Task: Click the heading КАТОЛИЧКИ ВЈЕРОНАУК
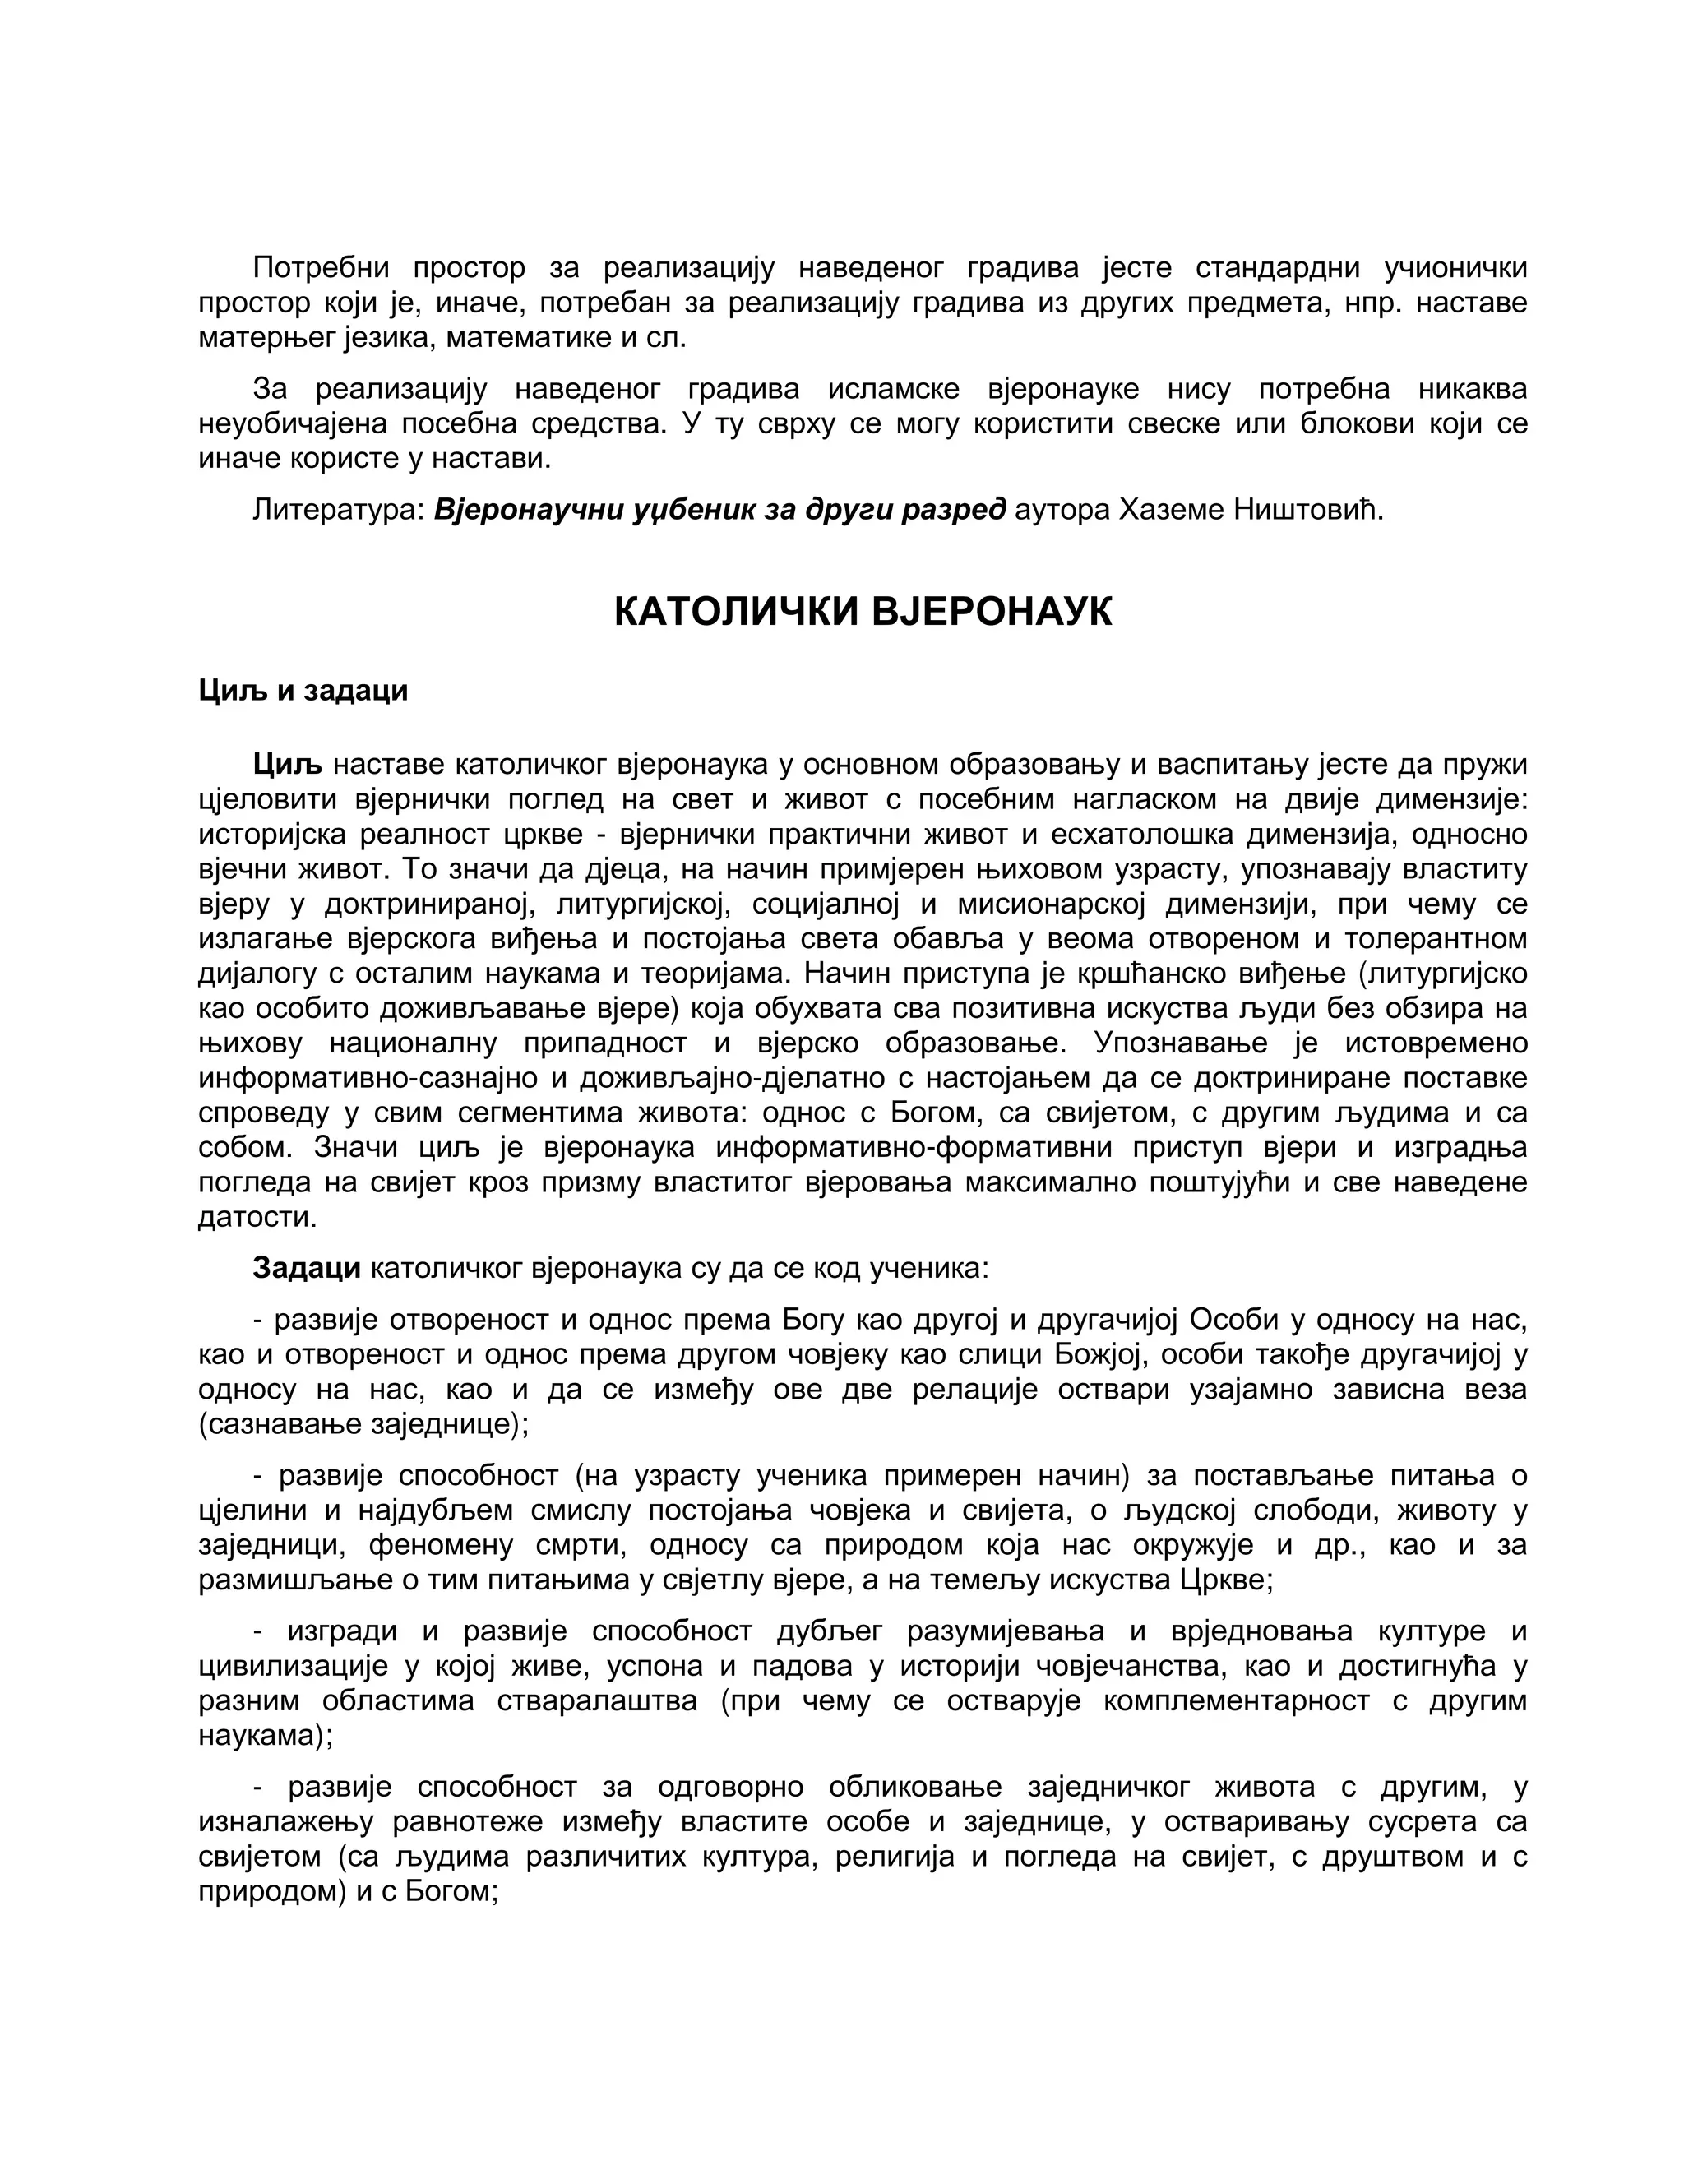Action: (x=862, y=612)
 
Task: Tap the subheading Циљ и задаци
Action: (x=303, y=691)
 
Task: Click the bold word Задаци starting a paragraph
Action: (x=306, y=1268)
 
